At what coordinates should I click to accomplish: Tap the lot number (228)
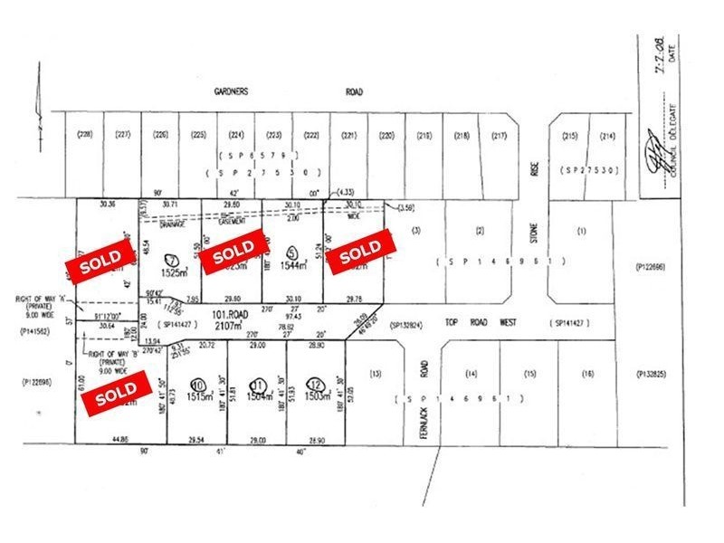86,136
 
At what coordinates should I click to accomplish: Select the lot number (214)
608,136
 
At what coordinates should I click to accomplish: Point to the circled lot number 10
196,383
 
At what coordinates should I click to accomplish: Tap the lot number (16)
587,374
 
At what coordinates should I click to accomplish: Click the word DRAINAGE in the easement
174,224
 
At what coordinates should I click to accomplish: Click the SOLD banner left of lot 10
118,395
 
